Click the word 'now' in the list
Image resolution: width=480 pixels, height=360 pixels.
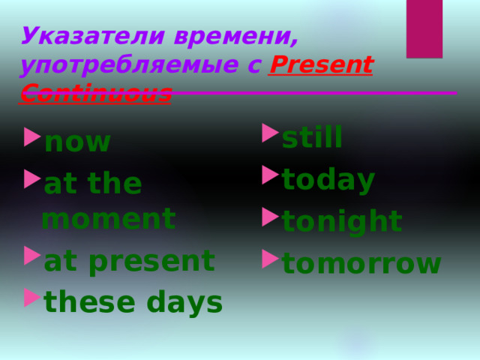pos(77,142)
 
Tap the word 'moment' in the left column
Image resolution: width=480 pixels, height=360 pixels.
pos(109,219)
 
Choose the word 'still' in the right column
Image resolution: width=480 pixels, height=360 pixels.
pos(312,138)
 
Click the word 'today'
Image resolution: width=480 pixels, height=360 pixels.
pos(328,180)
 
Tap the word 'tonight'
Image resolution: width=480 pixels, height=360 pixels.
pos(341,222)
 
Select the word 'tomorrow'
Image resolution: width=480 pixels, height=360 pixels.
pos(361,263)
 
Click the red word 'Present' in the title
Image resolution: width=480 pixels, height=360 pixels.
pos(320,66)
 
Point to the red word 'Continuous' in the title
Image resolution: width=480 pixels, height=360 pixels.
pos(96,93)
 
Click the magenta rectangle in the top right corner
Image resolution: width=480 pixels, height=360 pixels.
pos(424,28)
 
